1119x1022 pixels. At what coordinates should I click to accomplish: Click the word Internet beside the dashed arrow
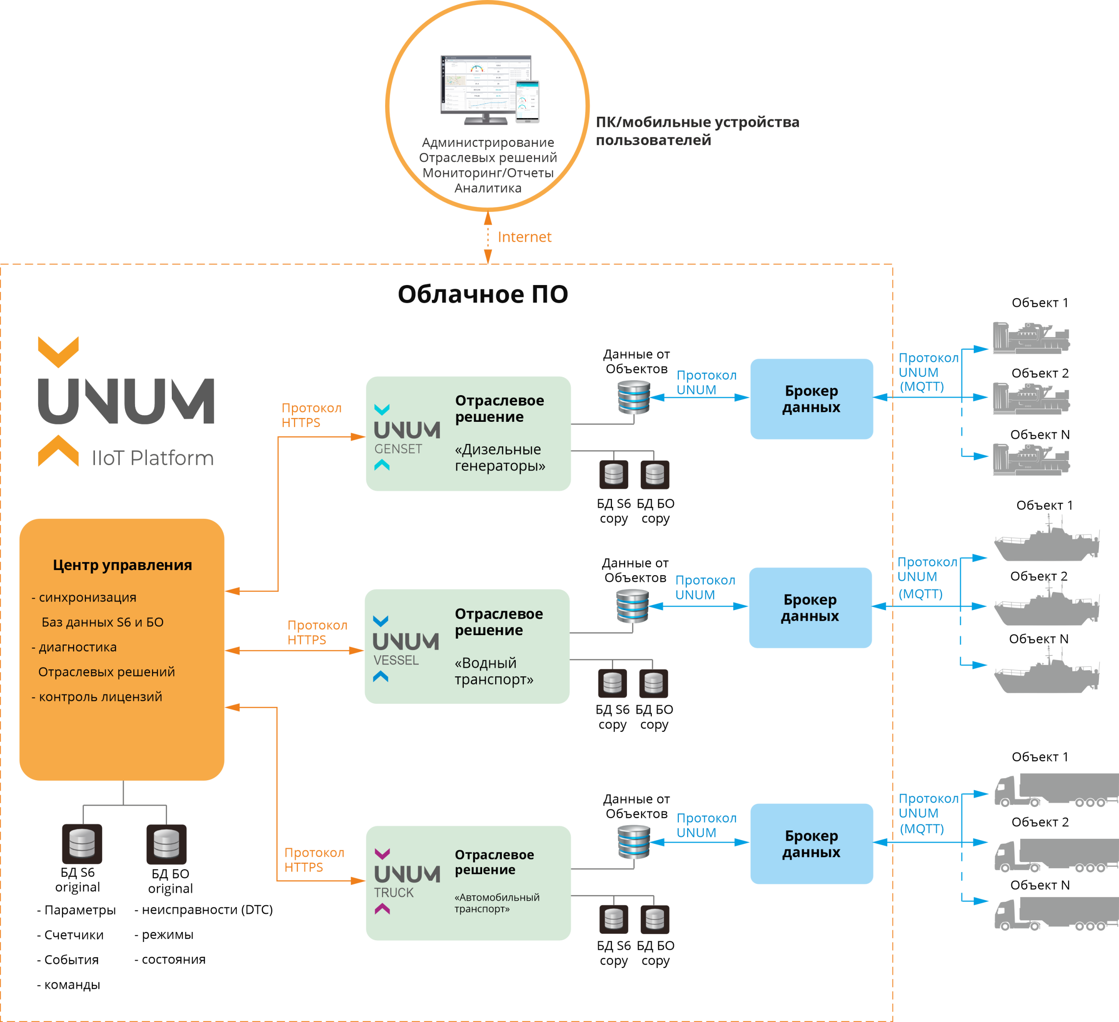coord(524,237)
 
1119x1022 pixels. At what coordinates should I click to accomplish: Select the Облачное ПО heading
coord(482,294)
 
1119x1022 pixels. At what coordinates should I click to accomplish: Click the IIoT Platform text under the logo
coord(153,458)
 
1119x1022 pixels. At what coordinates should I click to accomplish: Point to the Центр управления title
coord(122,565)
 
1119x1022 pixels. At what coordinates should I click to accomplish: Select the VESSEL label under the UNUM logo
coord(396,660)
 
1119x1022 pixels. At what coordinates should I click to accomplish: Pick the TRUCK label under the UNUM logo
coord(393,893)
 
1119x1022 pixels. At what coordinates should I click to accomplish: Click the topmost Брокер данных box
coord(811,399)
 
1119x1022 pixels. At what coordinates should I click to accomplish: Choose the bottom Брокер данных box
coord(811,844)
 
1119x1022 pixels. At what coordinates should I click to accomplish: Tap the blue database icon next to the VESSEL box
coord(632,606)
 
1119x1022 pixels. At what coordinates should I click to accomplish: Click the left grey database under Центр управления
coord(82,844)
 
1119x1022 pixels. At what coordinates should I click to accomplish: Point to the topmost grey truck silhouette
coord(1055,790)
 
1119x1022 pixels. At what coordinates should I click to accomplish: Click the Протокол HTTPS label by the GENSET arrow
coord(311,415)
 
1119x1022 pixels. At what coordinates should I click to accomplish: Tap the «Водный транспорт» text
coord(493,671)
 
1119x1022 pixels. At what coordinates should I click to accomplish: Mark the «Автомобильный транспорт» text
coord(496,903)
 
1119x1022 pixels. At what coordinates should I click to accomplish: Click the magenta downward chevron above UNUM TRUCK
coord(382,853)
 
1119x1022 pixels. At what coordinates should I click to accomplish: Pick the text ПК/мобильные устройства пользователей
coord(697,131)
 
